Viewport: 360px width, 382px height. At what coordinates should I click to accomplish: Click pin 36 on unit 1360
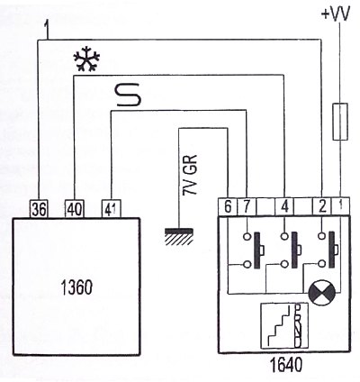click(40, 209)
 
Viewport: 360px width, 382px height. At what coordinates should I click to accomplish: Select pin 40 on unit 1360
click(75, 209)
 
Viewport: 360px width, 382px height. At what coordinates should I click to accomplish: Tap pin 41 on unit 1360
click(112, 209)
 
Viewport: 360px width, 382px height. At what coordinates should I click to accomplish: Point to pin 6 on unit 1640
click(228, 206)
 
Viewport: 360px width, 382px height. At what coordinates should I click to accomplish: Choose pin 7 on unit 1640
click(247, 206)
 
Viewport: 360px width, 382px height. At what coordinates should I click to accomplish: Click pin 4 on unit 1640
click(284, 206)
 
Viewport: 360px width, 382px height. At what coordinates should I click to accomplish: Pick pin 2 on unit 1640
click(322, 206)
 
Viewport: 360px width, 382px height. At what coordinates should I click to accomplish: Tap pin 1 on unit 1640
click(340, 206)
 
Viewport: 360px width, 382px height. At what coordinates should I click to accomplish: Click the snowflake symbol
click(87, 59)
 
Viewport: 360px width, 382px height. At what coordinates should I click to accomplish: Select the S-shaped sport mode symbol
click(129, 95)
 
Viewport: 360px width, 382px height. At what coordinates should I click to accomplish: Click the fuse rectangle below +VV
click(340, 122)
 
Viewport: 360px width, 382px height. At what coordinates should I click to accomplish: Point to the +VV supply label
click(336, 14)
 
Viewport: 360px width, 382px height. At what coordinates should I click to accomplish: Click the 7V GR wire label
click(190, 175)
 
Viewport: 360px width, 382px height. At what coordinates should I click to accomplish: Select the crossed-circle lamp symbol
click(321, 292)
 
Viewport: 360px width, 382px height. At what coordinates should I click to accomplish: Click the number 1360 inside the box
click(76, 287)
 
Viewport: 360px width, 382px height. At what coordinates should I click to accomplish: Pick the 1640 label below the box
click(285, 366)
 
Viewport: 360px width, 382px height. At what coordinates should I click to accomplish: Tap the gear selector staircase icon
click(284, 326)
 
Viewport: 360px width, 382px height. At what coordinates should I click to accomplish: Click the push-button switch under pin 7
click(255, 250)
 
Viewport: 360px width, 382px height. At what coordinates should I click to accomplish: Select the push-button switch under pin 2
click(328, 250)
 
